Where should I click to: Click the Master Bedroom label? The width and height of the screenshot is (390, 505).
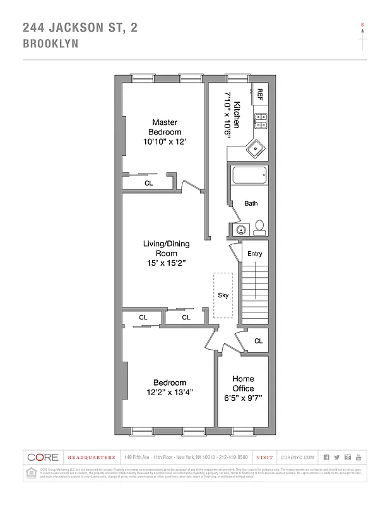click(x=163, y=127)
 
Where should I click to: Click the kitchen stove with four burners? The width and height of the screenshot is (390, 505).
click(x=261, y=121)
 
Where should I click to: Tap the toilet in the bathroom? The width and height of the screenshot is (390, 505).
click(x=259, y=225)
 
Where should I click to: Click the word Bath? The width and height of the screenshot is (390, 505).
click(x=251, y=203)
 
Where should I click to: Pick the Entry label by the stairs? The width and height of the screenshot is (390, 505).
click(x=254, y=254)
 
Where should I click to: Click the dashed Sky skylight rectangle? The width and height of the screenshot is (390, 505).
click(x=223, y=295)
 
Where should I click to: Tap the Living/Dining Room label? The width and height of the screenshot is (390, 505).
click(x=166, y=252)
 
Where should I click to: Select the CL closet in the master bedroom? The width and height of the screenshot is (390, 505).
click(x=149, y=183)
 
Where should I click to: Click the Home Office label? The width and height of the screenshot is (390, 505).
click(x=243, y=384)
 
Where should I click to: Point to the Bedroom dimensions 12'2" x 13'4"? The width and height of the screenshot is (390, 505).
click(x=169, y=392)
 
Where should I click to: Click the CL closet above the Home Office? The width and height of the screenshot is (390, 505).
click(x=258, y=341)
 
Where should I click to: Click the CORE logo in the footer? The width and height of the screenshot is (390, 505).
click(x=43, y=457)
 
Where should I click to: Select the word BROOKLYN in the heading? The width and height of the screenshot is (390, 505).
click(x=50, y=44)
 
